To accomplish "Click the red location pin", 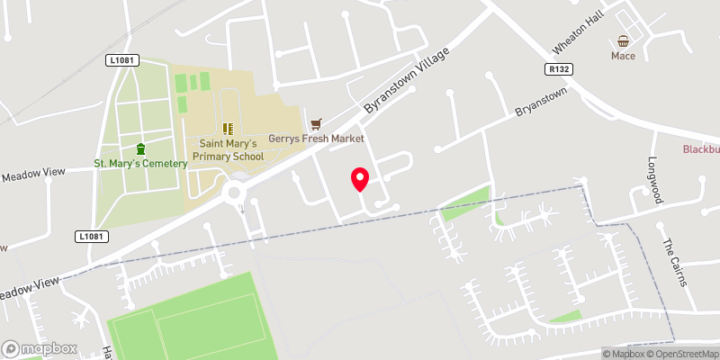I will [360, 179].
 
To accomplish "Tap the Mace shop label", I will [623, 56].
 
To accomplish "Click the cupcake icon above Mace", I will [623, 40].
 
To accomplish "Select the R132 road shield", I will [559, 67].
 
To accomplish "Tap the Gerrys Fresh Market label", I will [316, 139].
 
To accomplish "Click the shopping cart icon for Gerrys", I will [315, 123].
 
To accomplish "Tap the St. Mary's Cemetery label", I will [140, 163].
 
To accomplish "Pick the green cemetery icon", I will [140, 148].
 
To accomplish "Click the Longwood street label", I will [654, 180].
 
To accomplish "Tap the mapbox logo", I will [40, 348].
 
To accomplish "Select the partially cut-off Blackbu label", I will [700, 150].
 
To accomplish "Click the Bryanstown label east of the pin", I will [541, 102].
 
